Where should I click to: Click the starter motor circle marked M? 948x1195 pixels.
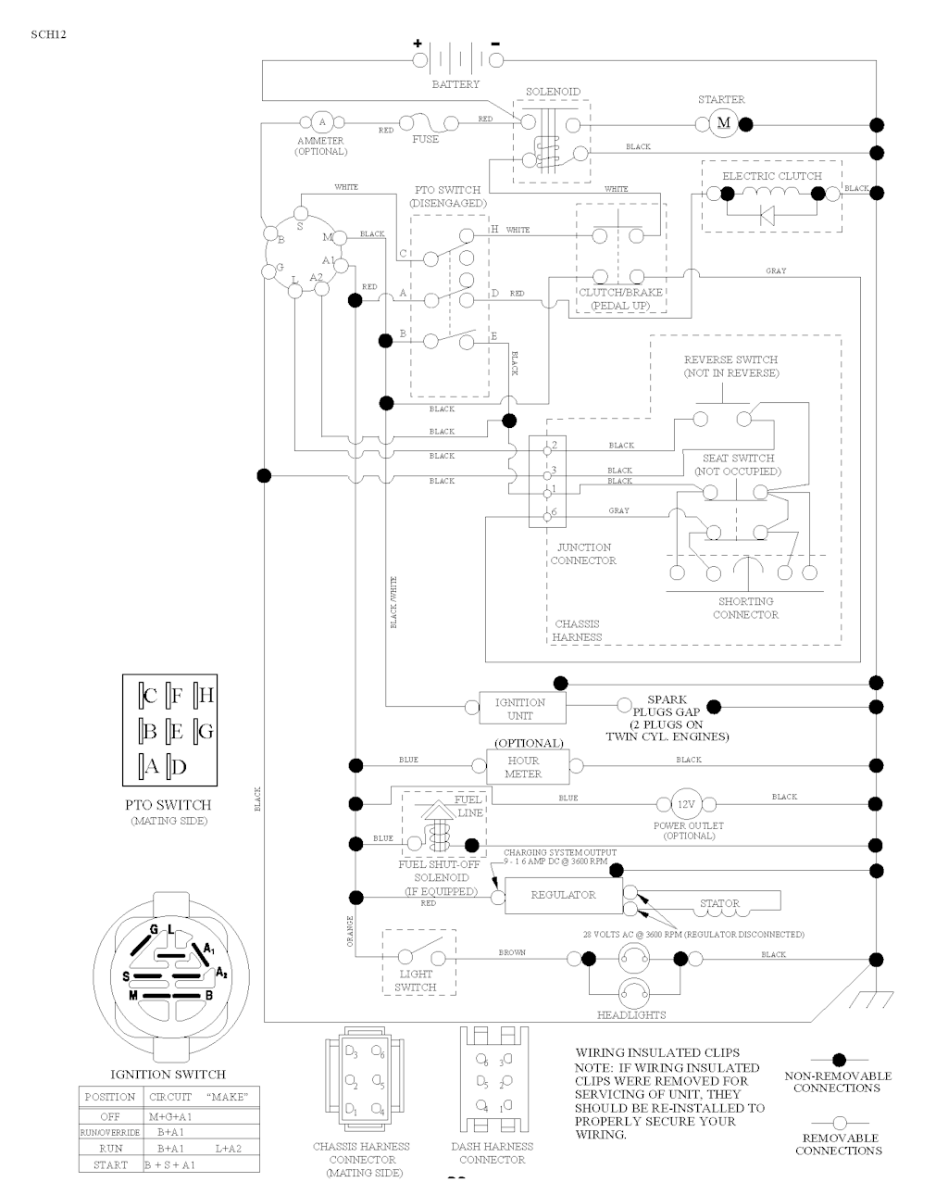pyautogui.click(x=724, y=123)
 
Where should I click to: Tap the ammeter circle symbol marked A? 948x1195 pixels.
pyautogui.click(x=321, y=121)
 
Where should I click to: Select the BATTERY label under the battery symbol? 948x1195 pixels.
pyautogui.click(x=455, y=84)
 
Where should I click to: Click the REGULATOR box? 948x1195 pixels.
pyautogui.click(x=563, y=896)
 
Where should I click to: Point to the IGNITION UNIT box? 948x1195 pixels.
pyautogui.click(x=519, y=709)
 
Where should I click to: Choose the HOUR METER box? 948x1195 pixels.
pyautogui.click(x=523, y=767)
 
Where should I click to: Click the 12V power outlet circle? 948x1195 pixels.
pyautogui.click(x=686, y=804)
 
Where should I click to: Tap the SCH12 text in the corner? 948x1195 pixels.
pyautogui.click(x=48, y=34)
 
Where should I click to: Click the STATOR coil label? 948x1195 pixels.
pyautogui.click(x=719, y=903)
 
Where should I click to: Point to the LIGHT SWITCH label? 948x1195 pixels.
pyautogui.click(x=416, y=980)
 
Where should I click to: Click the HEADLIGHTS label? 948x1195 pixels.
pyautogui.click(x=631, y=1015)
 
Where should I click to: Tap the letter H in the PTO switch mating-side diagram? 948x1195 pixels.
pyautogui.click(x=206, y=694)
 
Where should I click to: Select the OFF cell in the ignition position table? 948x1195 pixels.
pyautogui.click(x=109, y=1117)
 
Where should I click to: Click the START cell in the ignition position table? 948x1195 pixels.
pyautogui.click(x=109, y=1164)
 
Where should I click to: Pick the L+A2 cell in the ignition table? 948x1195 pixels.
pyautogui.click(x=228, y=1149)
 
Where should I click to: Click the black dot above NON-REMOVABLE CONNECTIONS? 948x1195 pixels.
pyautogui.click(x=839, y=1059)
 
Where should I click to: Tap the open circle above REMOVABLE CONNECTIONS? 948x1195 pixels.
pyautogui.click(x=839, y=1122)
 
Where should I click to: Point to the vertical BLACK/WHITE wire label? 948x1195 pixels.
pyautogui.click(x=393, y=603)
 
